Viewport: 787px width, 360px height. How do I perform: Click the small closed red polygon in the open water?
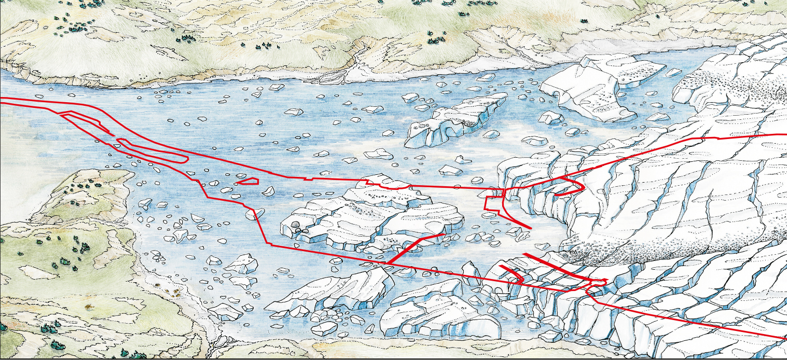248,181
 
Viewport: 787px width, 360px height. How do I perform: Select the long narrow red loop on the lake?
150,151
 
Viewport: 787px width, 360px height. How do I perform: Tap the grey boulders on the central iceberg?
296,226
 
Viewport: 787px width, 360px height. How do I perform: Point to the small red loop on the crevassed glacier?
597,283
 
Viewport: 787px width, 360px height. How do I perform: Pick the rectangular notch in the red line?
493,202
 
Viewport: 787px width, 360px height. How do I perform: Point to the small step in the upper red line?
310,178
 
